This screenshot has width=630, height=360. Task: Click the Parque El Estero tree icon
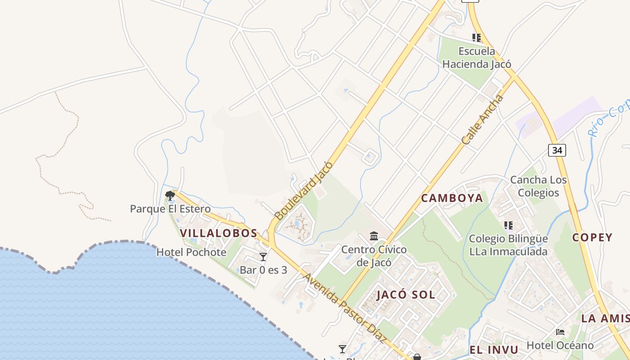point(170,195)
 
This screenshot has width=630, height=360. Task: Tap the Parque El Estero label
point(170,209)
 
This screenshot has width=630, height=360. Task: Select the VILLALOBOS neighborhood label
point(219,233)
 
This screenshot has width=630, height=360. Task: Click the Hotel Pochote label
point(191,252)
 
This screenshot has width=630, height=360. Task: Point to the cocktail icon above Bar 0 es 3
point(263,257)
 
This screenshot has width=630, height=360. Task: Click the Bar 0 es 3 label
point(263,270)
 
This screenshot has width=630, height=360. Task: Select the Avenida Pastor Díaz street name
point(345,308)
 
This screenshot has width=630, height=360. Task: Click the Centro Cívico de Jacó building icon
point(374,236)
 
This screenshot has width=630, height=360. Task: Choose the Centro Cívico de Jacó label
point(374,256)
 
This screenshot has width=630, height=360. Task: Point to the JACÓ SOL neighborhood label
point(406,295)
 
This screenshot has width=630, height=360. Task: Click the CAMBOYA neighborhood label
point(452,198)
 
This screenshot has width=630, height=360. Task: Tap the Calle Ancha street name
point(483,119)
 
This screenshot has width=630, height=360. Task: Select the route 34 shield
point(557,150)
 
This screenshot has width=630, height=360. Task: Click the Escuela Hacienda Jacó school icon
point(476,38)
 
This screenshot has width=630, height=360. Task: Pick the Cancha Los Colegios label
point(538,186)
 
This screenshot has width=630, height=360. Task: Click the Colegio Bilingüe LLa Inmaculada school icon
point(508,225)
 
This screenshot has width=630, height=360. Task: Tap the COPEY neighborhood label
point(592,237)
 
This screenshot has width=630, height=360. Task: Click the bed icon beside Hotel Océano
point(560,332)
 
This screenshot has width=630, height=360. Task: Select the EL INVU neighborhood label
point(494,350)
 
